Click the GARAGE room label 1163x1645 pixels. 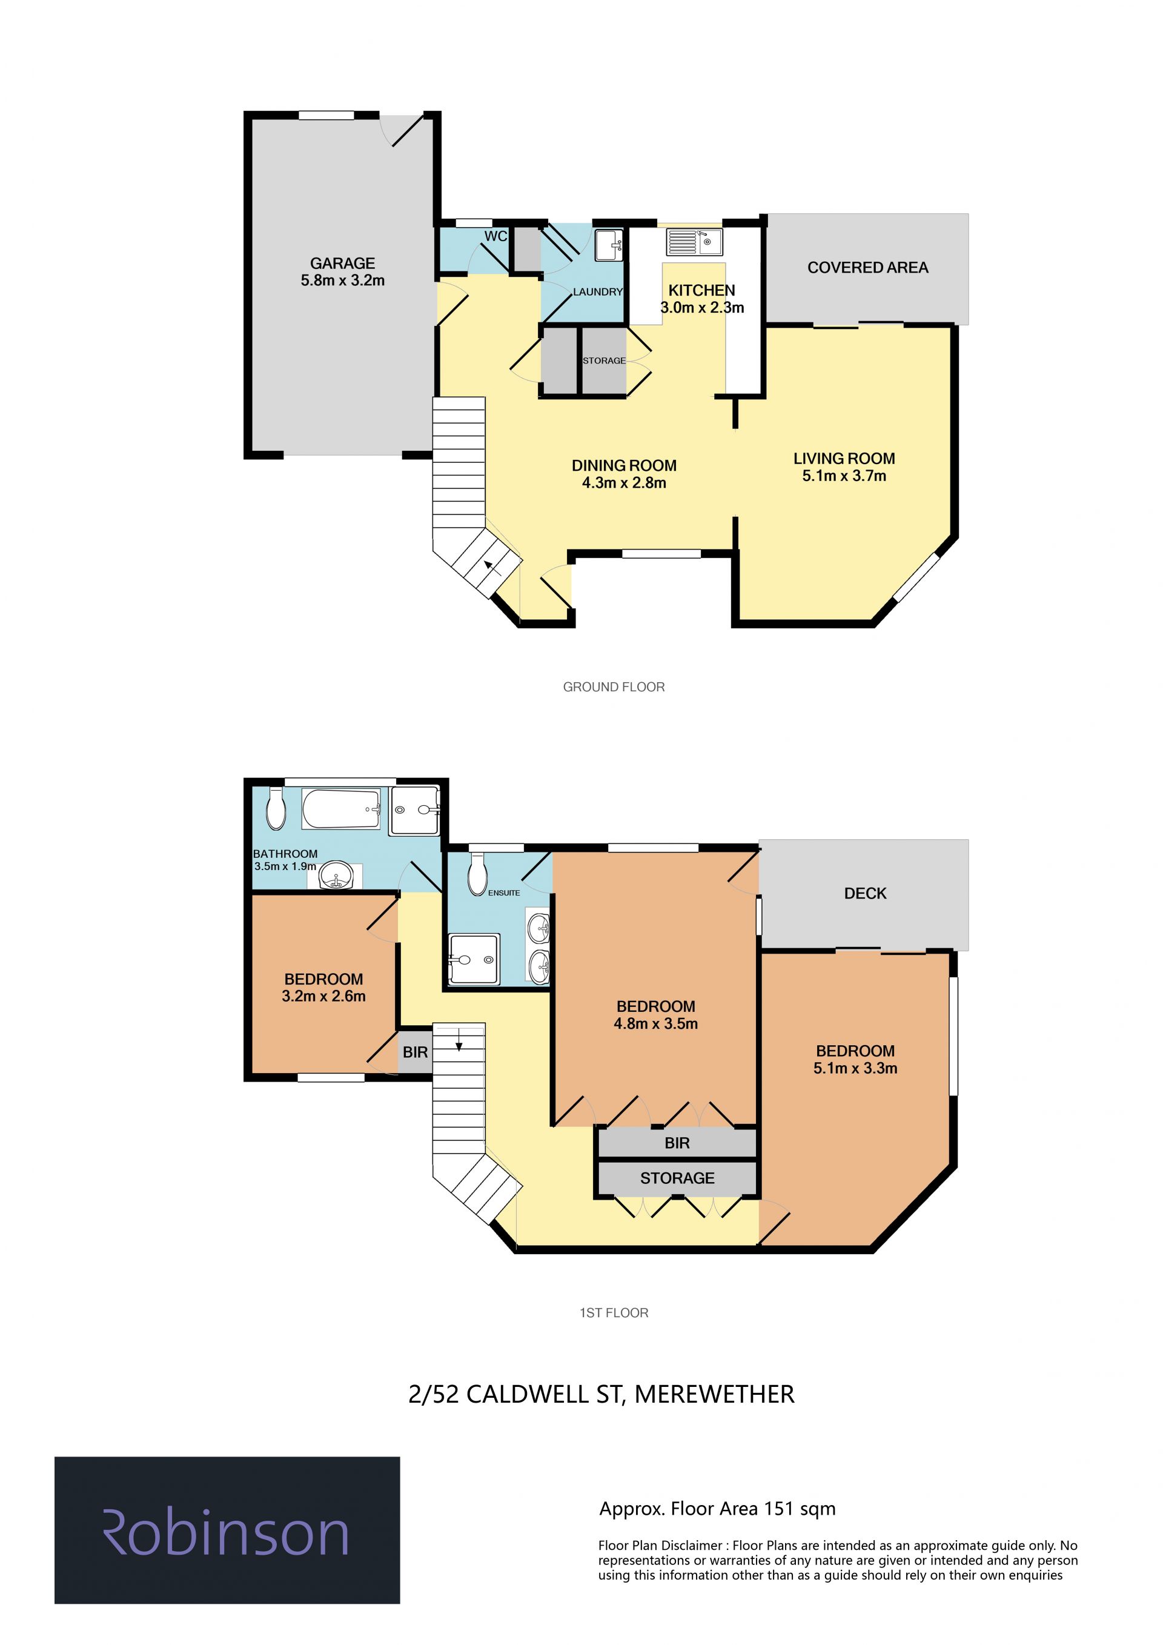342,264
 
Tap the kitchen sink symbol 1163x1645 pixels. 694,242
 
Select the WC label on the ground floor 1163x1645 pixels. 495,236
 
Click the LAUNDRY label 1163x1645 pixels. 598,291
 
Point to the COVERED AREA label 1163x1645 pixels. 867,268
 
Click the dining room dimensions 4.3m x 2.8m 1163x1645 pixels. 624,483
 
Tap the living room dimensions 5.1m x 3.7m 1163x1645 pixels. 844,476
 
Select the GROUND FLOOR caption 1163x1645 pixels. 614,687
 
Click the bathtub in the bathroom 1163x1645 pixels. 341,809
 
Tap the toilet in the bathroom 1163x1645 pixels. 276,809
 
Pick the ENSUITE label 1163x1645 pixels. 504,892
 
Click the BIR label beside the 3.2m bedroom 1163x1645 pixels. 415,1052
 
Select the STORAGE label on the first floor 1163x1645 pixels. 677,1178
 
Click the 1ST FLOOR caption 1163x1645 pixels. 614,1312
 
